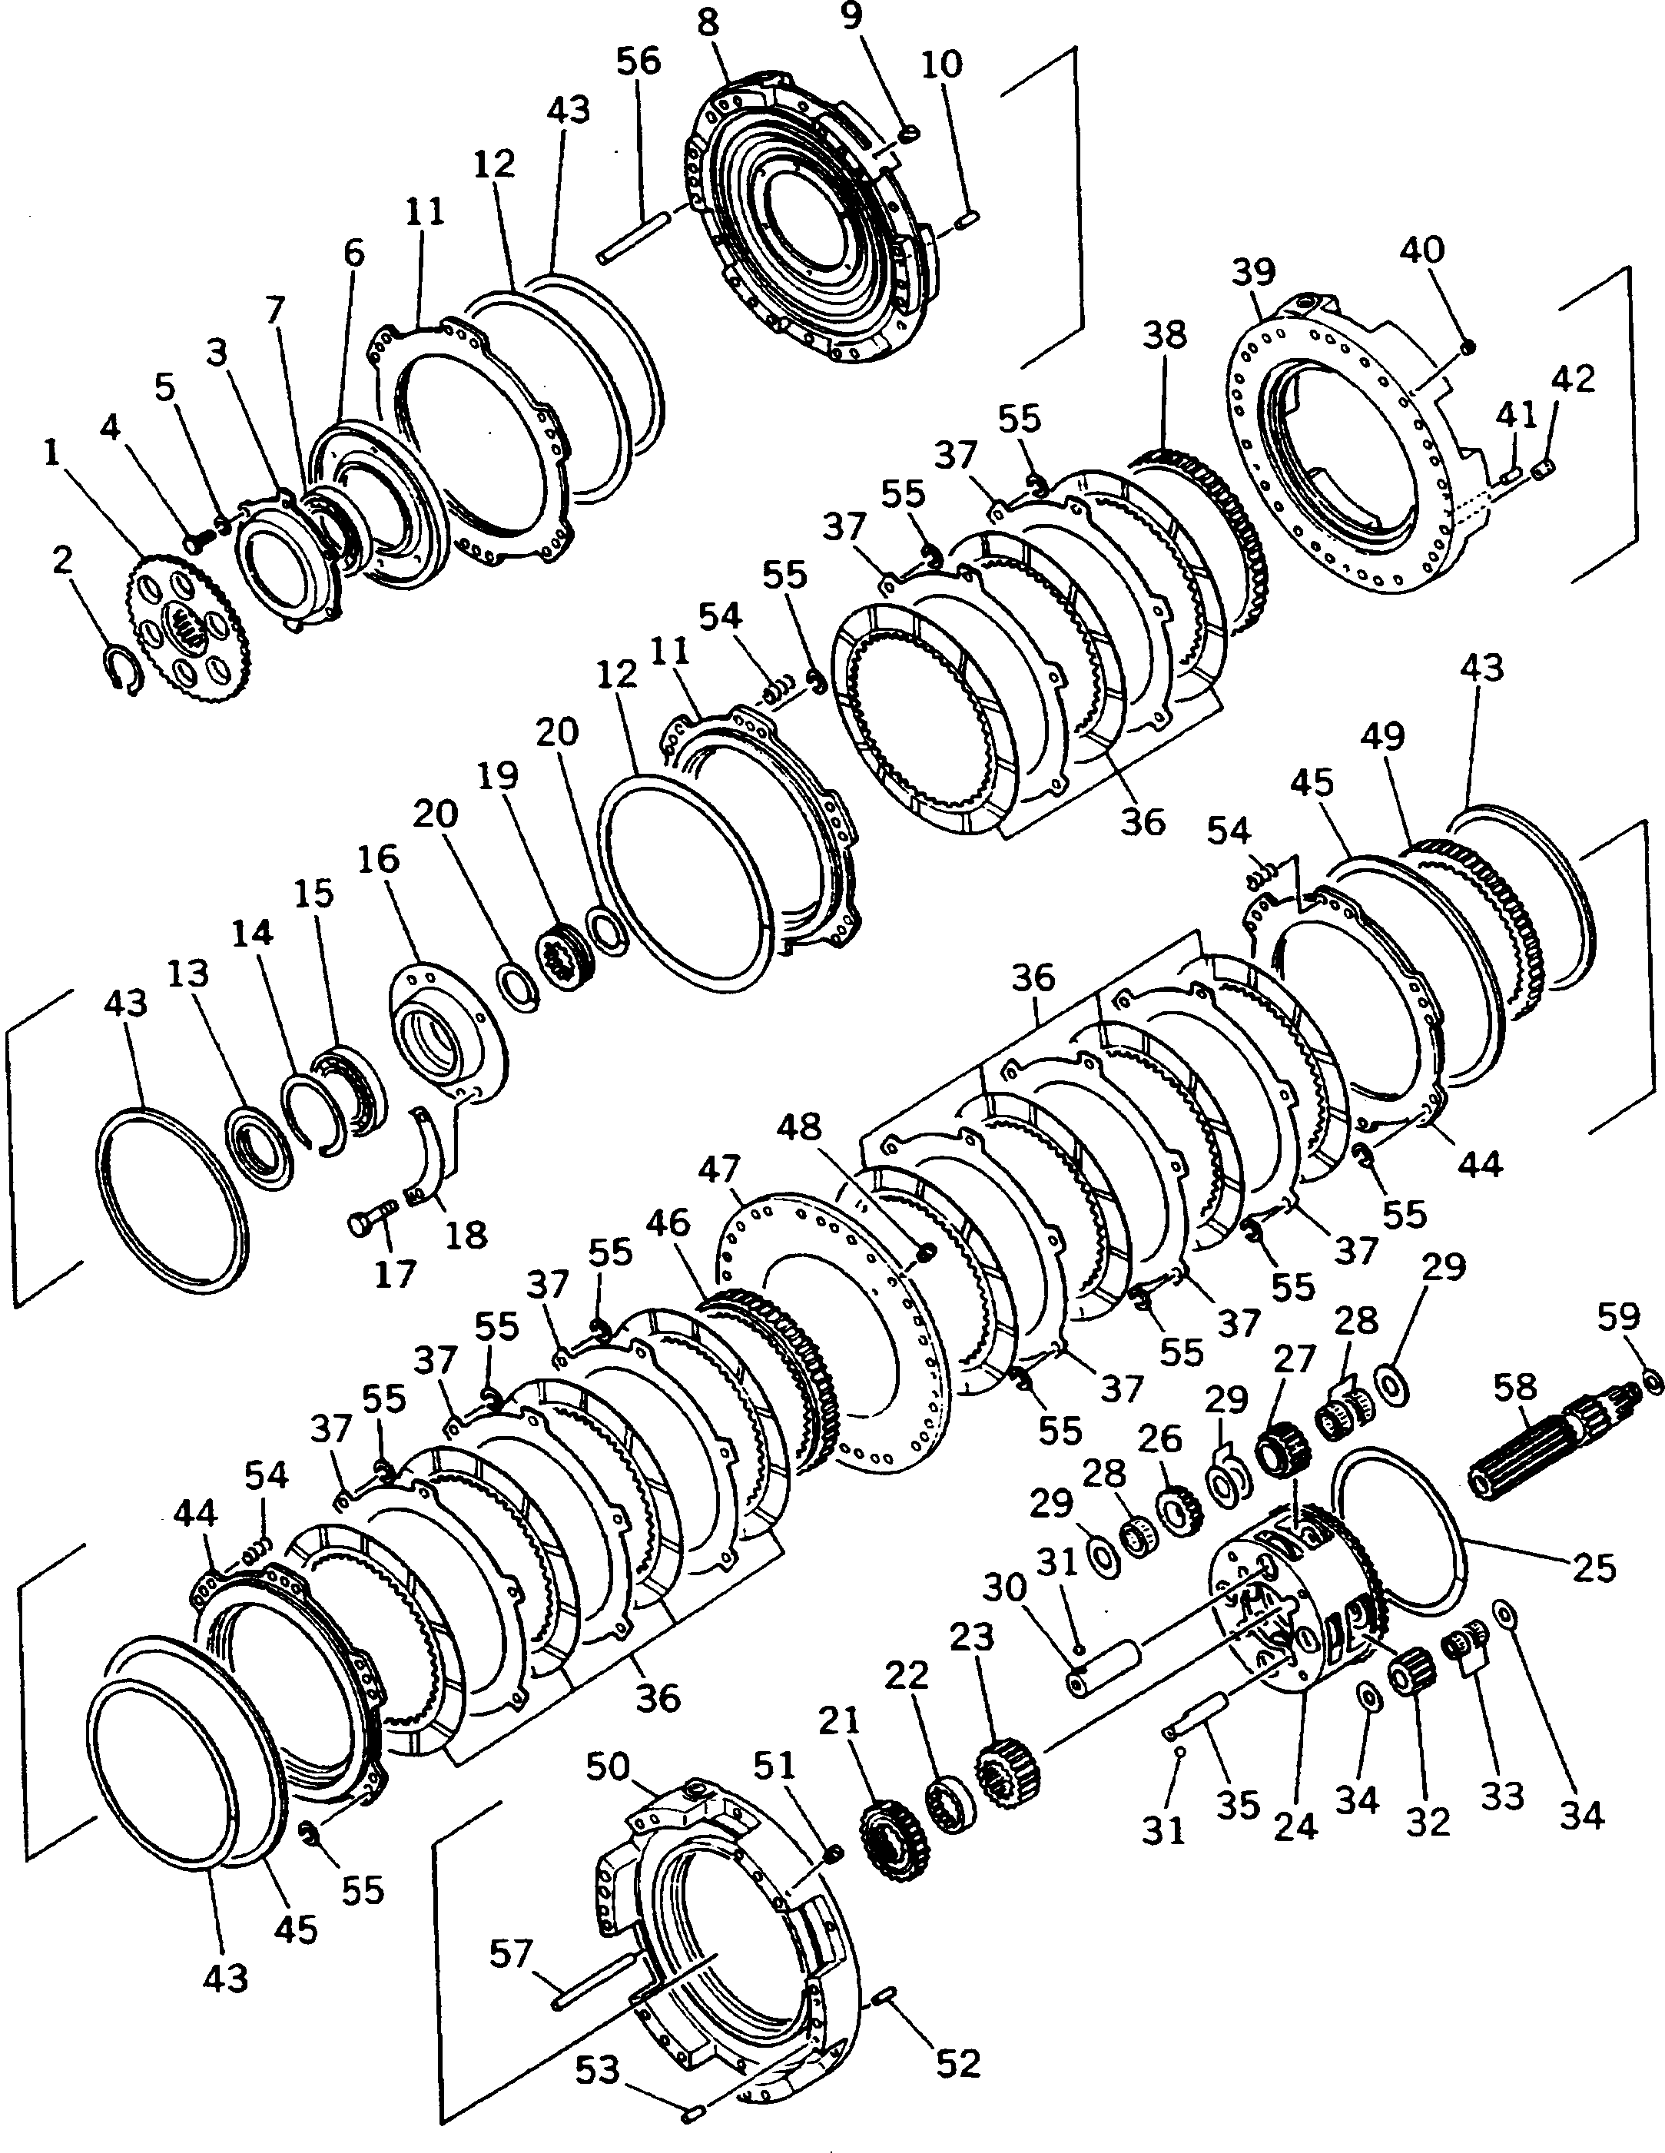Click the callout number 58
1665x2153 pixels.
click(x=1514, y=1387)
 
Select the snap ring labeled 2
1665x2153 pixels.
click(x=124, y=669)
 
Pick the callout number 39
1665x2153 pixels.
click(x=1254, y=273)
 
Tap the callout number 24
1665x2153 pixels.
click(x=1295, y=1826)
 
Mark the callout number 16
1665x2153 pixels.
click(x=380, y=860)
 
